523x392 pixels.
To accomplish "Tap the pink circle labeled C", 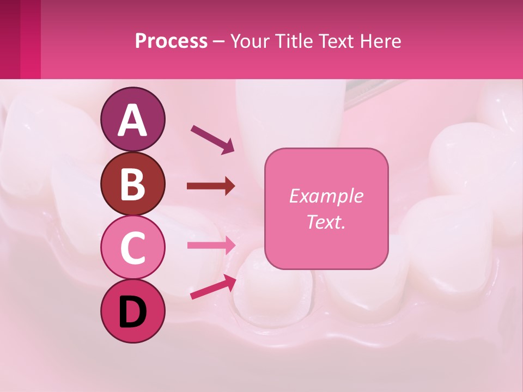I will click(x=133, y=248).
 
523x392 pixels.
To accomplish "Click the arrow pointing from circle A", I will click(x=212, y=139).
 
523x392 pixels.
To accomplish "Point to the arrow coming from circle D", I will click(x=213, y=287).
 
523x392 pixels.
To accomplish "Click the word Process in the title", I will click(x=171, y=41).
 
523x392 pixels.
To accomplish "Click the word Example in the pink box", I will click(x=326, y=196).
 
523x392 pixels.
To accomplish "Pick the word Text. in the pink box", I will click(x=326, y=222).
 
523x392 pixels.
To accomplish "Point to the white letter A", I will click(x=133, y=120).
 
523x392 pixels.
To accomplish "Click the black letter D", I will click(x=133, y=312).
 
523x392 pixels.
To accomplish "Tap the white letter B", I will click(x=133, y=183).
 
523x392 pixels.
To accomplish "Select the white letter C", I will click(x=133, y=248).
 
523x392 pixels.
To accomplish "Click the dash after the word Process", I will click(x=218, y=42).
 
